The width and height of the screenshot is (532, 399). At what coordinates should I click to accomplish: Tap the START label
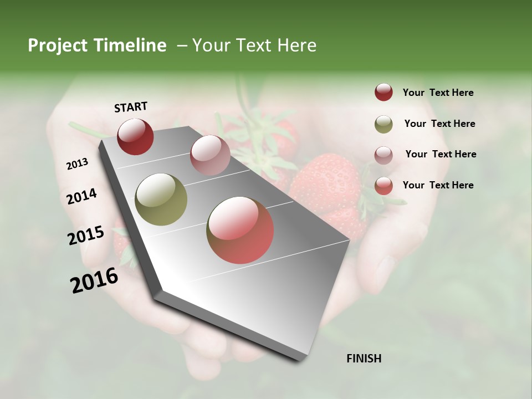tap(131, 107)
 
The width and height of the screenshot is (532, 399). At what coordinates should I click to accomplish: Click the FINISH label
tap(364, 359)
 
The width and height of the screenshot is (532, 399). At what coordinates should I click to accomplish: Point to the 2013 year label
tap(77, 164)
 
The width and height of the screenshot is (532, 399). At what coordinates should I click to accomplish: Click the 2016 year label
tap(94, 280)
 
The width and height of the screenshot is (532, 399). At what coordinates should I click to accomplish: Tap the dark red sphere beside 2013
tap(135, 136)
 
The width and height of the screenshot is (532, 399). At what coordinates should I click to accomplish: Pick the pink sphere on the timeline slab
tap(210, 155)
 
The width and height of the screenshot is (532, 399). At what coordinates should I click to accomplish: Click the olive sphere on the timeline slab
tap(161, 199)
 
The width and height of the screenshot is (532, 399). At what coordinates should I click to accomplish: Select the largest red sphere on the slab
tap(240, 230)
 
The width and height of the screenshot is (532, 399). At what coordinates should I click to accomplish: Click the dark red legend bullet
tap(383, 93)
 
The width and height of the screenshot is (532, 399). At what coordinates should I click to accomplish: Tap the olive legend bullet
tap(383, 124)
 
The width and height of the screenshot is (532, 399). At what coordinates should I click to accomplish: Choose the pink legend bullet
tap(383, 155)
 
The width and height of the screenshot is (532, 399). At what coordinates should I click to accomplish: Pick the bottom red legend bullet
tap(383, 186)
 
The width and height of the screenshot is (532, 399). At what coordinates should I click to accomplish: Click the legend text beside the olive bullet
tap(439, 124)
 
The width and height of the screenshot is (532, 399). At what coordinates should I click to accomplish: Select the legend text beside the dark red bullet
tap(438, 93)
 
